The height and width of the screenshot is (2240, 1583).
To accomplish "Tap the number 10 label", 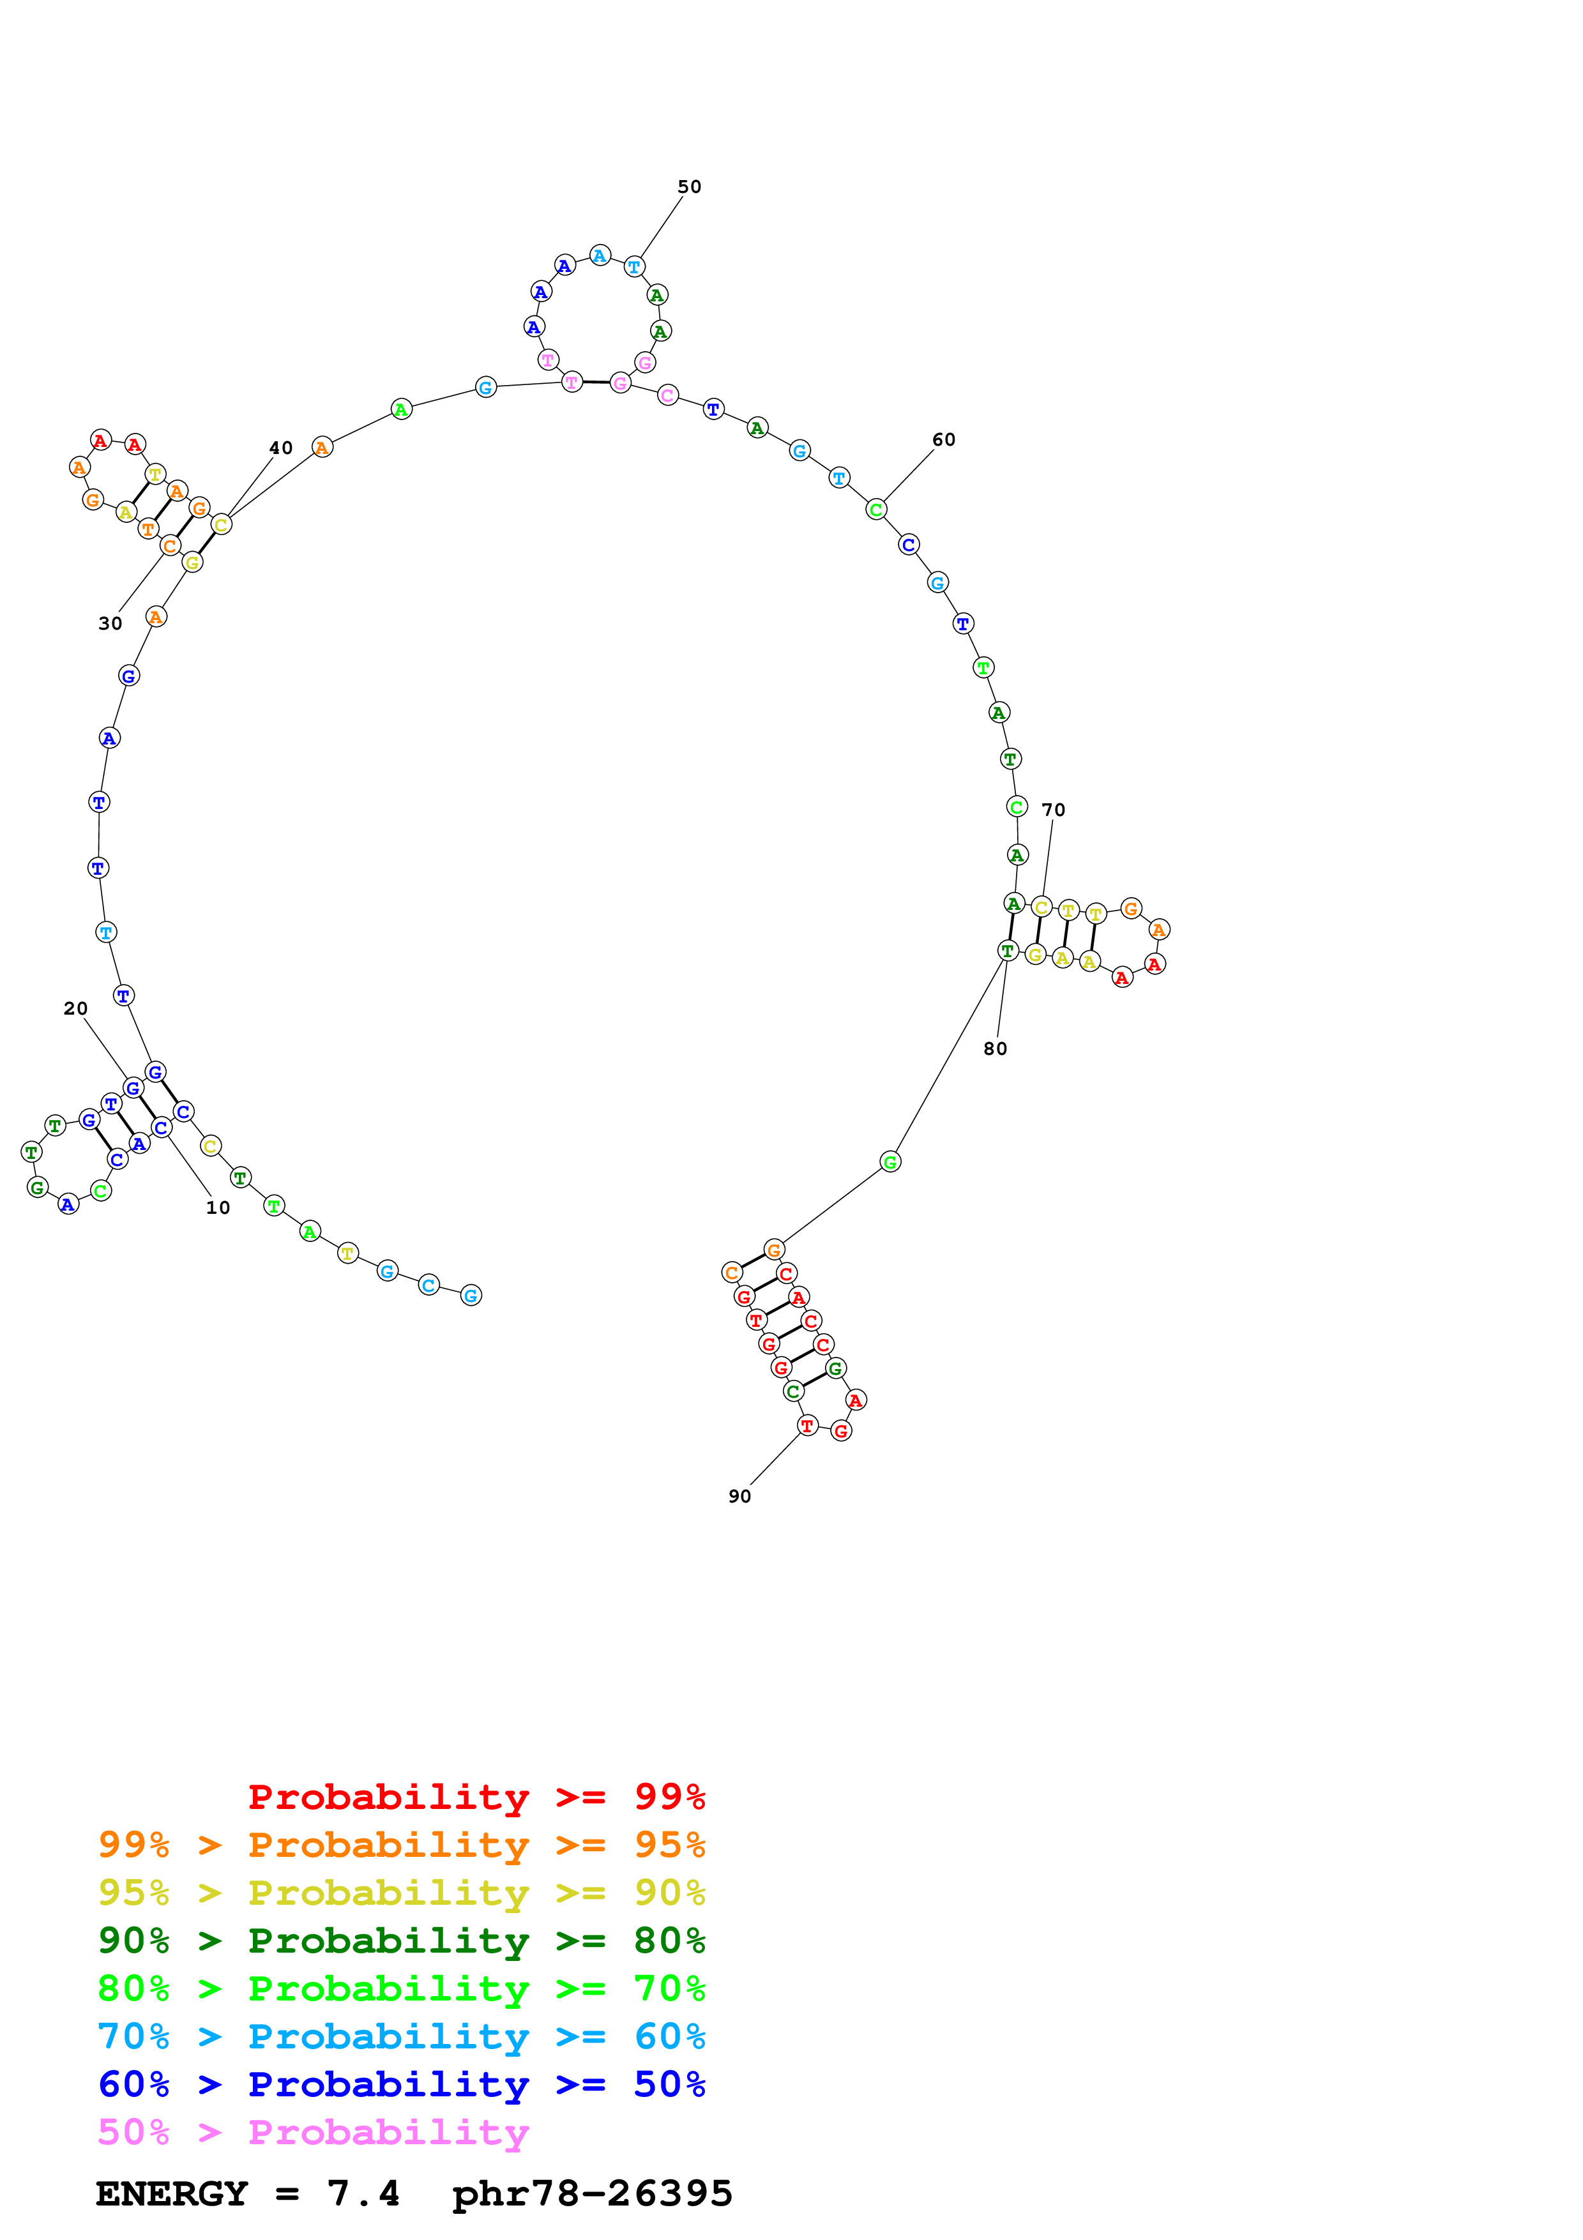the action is pyautogui.click(x=218, y=1208).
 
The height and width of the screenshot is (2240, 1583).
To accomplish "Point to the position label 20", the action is pyautogui.click(x=75, y=1009).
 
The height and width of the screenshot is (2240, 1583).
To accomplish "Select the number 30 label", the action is pyautogui.click(x=110, y=623).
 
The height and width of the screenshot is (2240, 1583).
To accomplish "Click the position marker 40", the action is pyautogui.click(x=281, y=448).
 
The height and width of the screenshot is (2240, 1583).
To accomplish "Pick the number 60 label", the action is pyautogui.click(x=943, y=440).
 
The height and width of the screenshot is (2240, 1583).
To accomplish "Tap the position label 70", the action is pyautogui.click(x=1054, y=810).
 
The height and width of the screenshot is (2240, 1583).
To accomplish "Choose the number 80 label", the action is pyautogui.click(x=995, y=1048).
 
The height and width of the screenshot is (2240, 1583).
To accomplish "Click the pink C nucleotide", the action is pyautogui.click(x=667, y=395).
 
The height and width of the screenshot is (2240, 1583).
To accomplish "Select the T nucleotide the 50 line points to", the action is pyautogui.click(x=634, y=266).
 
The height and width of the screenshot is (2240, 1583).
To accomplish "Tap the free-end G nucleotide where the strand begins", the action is pyautogui.click(x=471, y=1296).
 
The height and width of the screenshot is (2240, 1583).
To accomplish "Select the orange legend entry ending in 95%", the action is pyautogui.click(x=401, y=1845).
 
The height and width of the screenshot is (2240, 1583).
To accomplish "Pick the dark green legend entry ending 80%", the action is pyautogui.click(x=401, y=1941).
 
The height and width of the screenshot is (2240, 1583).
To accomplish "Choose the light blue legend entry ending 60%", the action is pyautogui.click(x=401, y=2036).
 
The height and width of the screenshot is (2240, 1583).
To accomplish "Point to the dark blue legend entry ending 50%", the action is pyautogui.click(x=401, y=2084).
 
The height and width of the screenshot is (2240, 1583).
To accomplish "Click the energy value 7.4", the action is pyautogui.click(x=363, y=2193).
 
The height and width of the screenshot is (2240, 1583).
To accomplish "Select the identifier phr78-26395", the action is pyautogui.click(x=592, y=2193).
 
